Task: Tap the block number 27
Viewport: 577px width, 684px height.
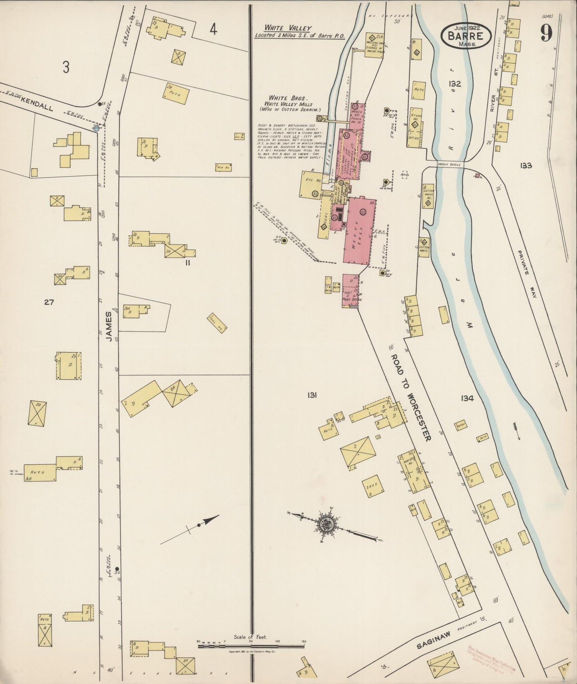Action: point(49,302)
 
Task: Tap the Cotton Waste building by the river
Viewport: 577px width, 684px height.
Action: point(424,247)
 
